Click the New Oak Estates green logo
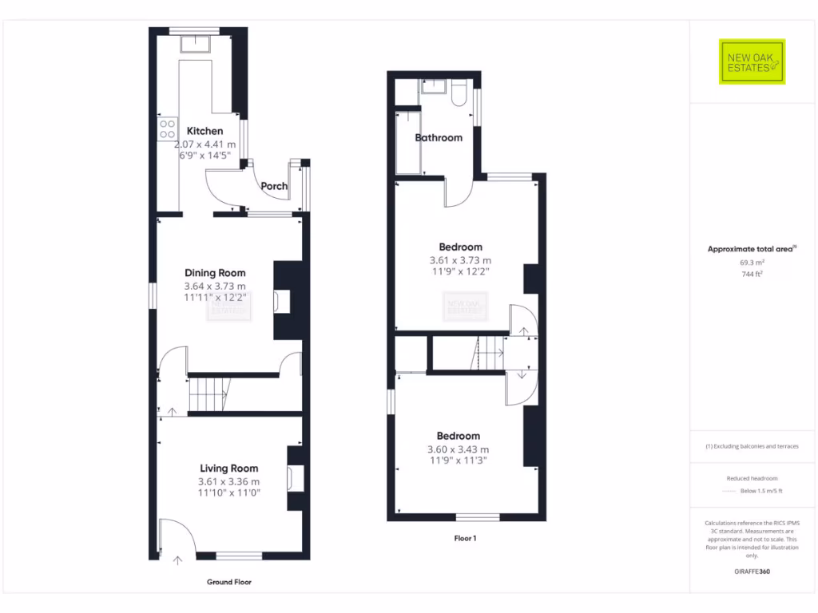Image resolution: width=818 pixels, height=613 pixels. [x=752, y=61]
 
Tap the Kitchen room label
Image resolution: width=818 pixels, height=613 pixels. [x=205, y=131]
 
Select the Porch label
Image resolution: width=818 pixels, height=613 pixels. [x=274, y=186]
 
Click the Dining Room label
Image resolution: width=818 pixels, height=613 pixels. [x=215, y=273]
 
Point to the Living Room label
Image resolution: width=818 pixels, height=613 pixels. [x=228, y=469]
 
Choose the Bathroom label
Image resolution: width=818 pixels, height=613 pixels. [x=439, y=137]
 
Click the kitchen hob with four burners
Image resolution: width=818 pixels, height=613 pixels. [x=168, y=129]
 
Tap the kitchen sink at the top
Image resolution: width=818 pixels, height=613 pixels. [x=195, y=43]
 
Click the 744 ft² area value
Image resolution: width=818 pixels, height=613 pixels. [x=751, y=274]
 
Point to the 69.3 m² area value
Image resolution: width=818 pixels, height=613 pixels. [x=751, y=262]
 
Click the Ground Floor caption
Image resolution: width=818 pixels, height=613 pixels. [x=229, y=582]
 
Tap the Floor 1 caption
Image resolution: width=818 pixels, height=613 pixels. [x=465, y=538]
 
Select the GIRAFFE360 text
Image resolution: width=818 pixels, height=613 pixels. [x=751, y=571]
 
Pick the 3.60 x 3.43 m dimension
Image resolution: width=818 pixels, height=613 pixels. [x=459, y=449]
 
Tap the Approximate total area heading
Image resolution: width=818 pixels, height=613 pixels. [x=751, y=249]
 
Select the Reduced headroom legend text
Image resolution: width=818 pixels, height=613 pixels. [x=751, y=478]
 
